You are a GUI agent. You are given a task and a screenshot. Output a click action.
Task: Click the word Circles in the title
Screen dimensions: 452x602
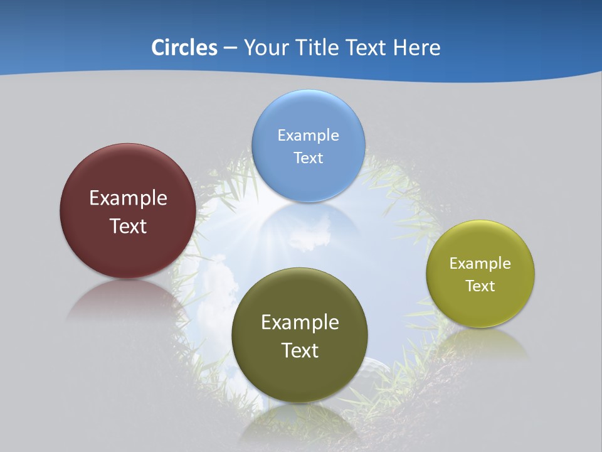click(x=184, y=48)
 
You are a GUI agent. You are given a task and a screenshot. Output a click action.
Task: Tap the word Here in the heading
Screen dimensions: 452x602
click(x=416, y=48)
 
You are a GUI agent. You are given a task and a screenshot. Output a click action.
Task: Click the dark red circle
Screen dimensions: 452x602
click(x=128, y=251)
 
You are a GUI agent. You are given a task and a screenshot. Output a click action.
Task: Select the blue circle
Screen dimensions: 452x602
click(x=308, y=182)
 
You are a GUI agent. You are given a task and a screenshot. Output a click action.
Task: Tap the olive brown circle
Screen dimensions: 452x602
click(x=300, y=377)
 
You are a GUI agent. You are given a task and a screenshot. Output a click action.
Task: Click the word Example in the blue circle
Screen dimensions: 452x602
click(x=308, y=135)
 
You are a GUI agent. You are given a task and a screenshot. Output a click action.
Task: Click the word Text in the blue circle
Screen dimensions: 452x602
click(x=308, y=158)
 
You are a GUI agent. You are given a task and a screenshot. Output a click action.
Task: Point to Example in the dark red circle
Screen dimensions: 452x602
click(x=128, y=198)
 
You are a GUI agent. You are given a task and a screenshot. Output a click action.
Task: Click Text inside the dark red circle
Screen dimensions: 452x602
click(x=128, y=226)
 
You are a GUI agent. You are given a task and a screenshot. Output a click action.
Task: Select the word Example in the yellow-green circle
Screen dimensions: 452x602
click(x=480, y=263)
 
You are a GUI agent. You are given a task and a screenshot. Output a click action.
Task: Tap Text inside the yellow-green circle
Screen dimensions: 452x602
click(x=480, y=286)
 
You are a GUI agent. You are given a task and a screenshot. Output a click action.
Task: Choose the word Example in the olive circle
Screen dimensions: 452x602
click(x=300, y=323)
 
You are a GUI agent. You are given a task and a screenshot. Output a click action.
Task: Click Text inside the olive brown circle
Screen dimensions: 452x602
click(x=300, y=350)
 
